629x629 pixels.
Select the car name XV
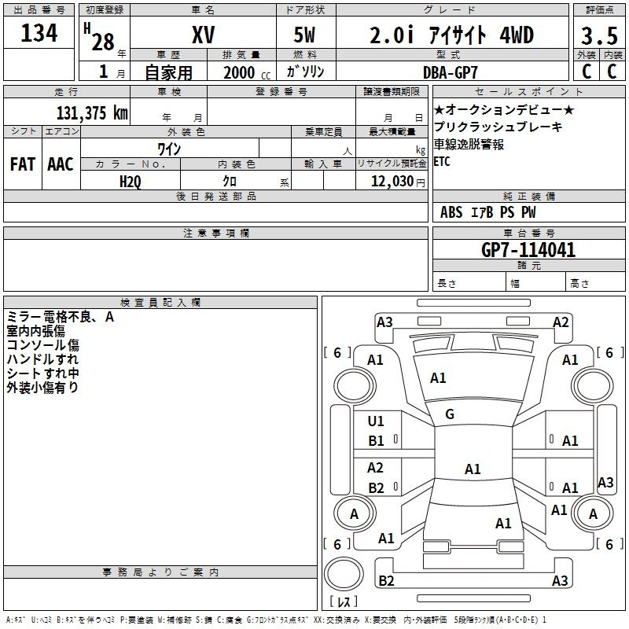pyautogui.click(x=203, y=35)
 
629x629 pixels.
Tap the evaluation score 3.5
pyautogui.click(x=598, y=36)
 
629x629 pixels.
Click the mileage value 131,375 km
pyautogui.click(x=92, y=112)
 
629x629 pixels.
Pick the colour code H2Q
pyautogui.click(x=130, y=181)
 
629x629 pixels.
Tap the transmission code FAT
pyautogui.click(x=23, y=164)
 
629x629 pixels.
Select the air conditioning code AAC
pyautogui.click(x=61, y=164)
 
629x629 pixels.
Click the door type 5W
pyautogui.click(x=306, y=35)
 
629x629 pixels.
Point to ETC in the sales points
pyautogui.click(x=442, y=162)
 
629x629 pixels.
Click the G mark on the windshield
pyautogui.click(x=450, y=414)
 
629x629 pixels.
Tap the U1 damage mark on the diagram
pyautogui.click(x=376, y=421)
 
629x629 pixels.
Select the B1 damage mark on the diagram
pyautogui.click(x=376, y=441)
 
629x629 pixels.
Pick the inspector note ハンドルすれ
pyautogui.click(x=42, y=359)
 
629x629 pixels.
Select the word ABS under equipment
pyautogui.click(x=451, y=212)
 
